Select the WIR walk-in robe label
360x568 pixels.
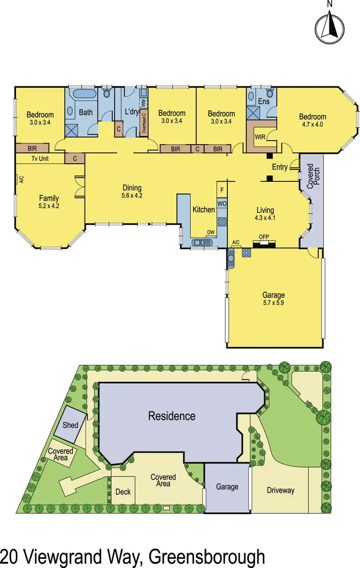260,137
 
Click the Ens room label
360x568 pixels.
264,102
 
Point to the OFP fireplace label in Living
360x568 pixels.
264,237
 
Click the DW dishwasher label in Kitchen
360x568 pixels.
210,232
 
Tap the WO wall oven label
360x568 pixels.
222,204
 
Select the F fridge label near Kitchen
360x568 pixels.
222,190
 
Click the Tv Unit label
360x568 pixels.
41,158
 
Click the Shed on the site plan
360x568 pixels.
71,425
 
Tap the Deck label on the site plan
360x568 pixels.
123,492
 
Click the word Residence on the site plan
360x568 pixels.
171,416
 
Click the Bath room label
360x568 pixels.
86,113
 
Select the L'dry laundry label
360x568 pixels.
132,112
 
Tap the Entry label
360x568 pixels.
279,167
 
